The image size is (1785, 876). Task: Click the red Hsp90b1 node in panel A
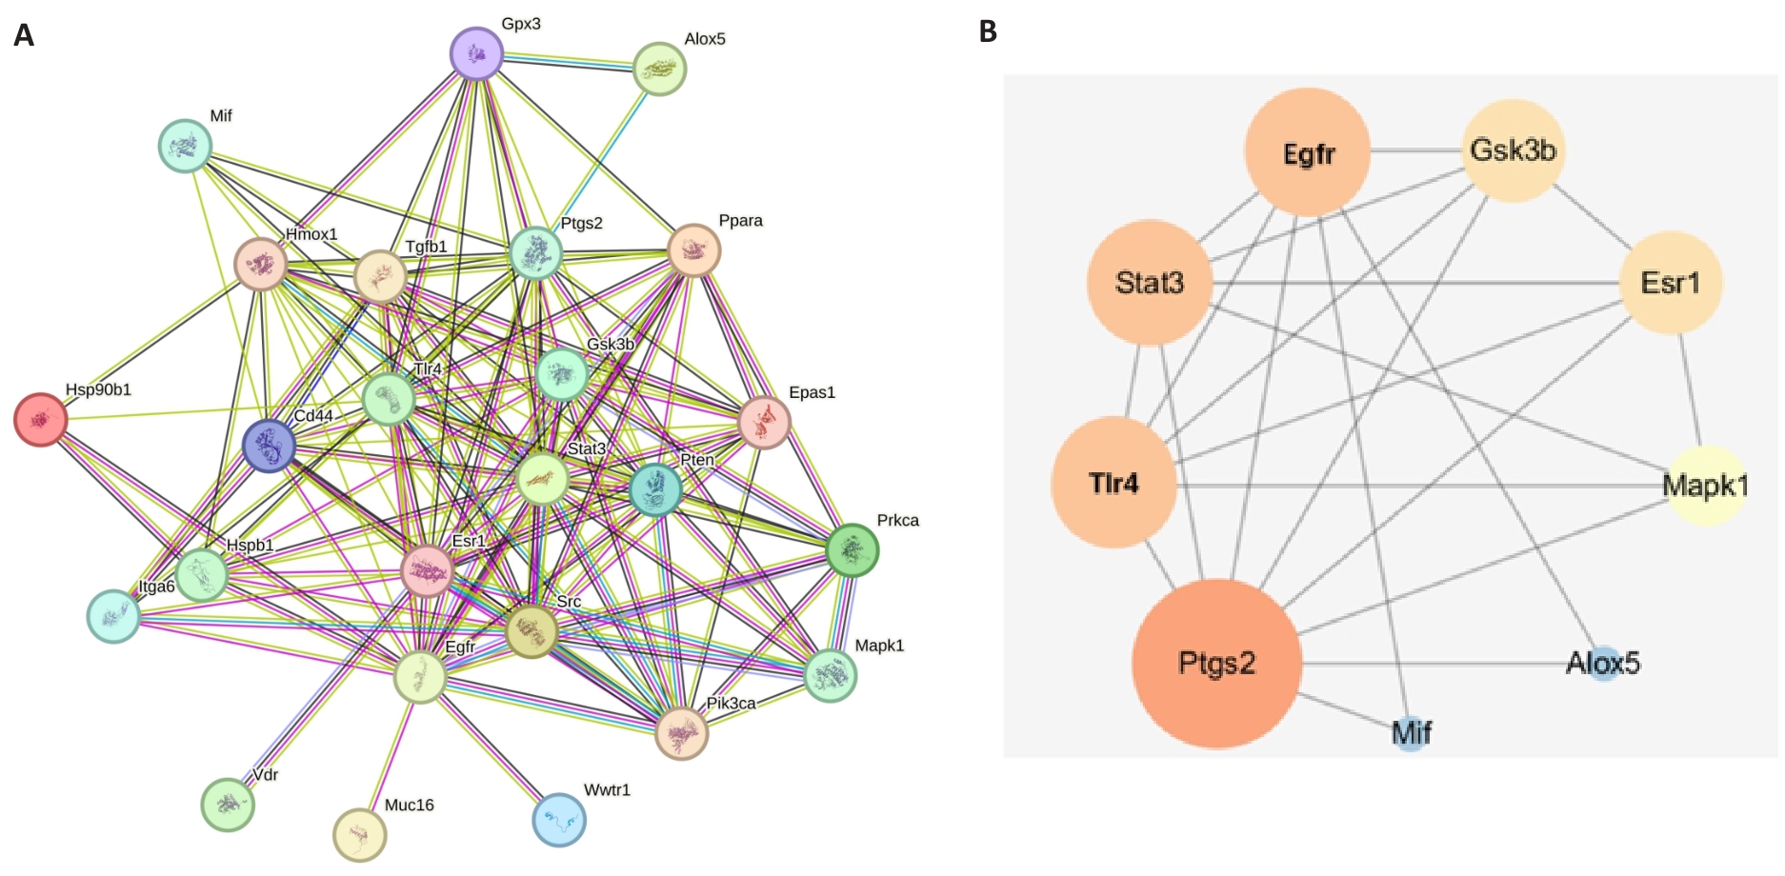(41, 419)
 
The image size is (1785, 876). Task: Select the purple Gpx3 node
(476, 53)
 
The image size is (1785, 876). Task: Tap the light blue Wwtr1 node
(559, 820)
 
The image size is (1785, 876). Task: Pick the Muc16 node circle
(360, 835)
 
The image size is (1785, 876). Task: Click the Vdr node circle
(228, 805)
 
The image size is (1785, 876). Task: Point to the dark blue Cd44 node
(270, 446)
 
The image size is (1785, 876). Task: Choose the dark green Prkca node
(852, 550)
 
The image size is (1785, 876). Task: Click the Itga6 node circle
(113, 616)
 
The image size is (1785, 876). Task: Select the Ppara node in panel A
(694, 250)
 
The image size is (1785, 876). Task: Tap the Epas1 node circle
(765, 423)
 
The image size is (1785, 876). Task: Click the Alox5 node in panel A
(660, 69)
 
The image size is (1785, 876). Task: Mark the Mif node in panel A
(185, 146)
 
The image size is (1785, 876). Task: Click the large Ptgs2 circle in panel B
(1216, 663)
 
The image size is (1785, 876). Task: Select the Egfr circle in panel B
(1308, 152)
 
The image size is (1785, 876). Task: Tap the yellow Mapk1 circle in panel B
(1706, 486)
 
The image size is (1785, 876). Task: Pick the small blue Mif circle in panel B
(1411, 733)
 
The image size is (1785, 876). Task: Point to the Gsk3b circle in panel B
(1514, 150)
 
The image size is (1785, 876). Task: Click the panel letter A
(24, 35)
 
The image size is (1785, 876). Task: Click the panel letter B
(989, 31)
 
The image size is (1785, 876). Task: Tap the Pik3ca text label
(731, 703)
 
